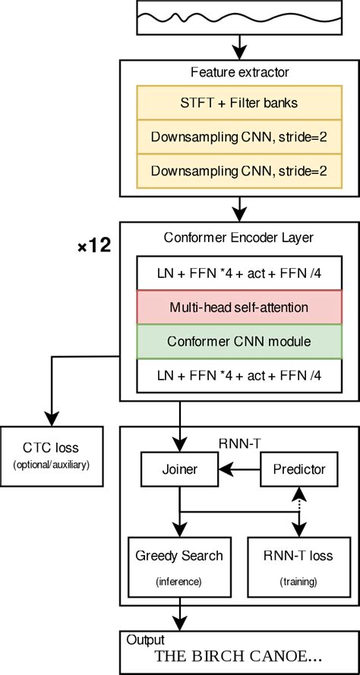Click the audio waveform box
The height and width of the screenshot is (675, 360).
239,17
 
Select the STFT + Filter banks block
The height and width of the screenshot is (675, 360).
239,103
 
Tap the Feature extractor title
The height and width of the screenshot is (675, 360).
240,72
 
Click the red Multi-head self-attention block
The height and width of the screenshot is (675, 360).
239,308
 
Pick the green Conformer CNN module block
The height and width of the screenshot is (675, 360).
239,342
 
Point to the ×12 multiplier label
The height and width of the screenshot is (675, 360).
94,247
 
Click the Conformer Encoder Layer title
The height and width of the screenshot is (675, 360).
238,237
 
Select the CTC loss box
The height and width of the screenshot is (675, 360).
52,456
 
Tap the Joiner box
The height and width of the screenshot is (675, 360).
179,468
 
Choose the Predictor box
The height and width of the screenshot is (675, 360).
299,468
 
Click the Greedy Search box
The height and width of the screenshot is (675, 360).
179,566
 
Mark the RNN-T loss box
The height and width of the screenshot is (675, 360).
298,566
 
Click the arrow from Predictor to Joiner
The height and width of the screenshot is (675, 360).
239,468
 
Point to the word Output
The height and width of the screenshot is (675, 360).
145,640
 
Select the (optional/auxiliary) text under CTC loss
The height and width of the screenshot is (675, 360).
52,465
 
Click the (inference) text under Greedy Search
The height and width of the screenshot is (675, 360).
178,582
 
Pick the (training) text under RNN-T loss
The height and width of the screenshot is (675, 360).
298,582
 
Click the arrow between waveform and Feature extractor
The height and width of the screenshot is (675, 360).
239,47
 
